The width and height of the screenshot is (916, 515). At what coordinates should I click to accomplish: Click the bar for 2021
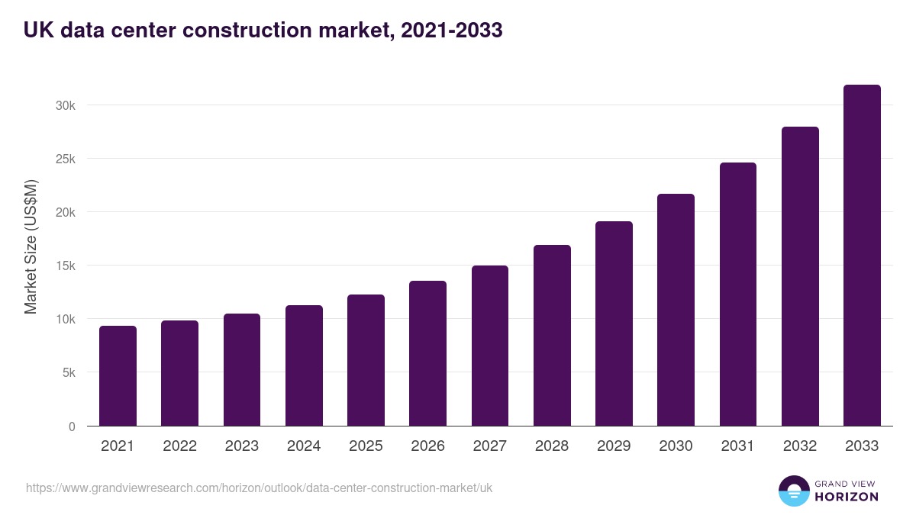click(x=118, y=376)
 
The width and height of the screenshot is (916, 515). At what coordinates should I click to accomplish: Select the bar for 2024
click(x=304, y=365)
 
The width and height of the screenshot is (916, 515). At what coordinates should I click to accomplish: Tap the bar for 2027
click(x=490, y=346)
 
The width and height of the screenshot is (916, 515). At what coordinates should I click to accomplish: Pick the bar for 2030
click(x=676, y=310)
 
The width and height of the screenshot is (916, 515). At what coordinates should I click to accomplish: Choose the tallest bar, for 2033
click(x=862, y=256)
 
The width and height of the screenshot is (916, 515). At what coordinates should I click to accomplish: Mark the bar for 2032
click(x=800, y=276)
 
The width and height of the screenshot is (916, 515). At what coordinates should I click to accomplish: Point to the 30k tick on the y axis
click(x=66, y=105)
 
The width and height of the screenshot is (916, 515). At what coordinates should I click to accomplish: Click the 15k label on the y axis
click(x=66, y=266)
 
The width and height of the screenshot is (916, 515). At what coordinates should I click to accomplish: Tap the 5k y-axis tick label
click(x=68, y=373)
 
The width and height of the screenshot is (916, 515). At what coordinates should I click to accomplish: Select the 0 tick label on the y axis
click(x=72, y=426)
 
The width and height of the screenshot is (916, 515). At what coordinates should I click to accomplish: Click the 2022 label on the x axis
click(x=179, y=446)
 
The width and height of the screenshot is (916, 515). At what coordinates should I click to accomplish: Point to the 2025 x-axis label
click(x=366, y=446)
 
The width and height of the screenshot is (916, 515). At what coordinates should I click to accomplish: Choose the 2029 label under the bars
click(x=614, y=446)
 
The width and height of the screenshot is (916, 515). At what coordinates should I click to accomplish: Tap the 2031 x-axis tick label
click(x=737, y=446)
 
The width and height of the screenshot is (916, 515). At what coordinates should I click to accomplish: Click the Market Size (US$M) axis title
click(x=31, y=246)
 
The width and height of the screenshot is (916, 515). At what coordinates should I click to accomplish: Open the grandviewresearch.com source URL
click(x=259, y=488)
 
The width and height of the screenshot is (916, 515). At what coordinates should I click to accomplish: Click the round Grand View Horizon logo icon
click(x=793, y=491)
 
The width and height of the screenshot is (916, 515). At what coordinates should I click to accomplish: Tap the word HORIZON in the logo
click(x=846, y=497)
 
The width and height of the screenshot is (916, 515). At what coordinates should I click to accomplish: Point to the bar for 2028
click(x=552, y=336)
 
